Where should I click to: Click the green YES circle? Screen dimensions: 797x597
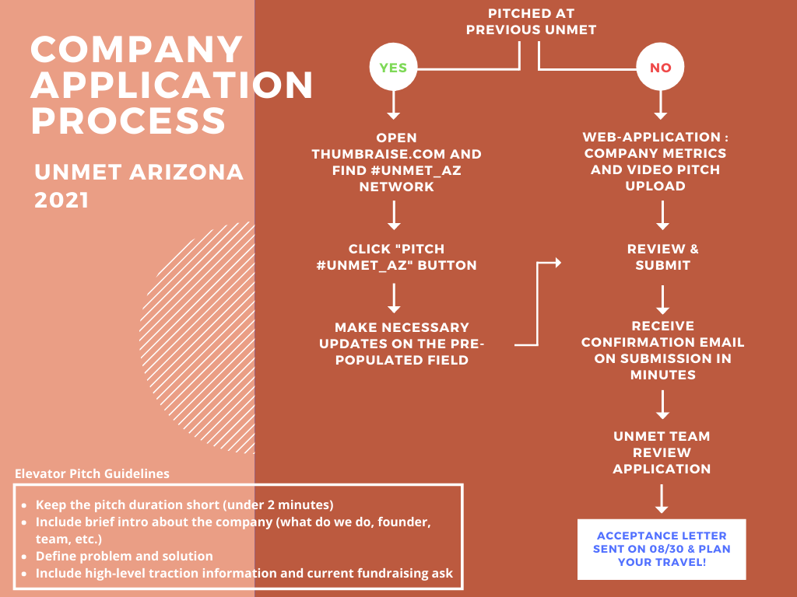click(393, 67)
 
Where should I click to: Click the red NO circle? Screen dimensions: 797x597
click(660, 67)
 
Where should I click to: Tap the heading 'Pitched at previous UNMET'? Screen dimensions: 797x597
click(531, 22)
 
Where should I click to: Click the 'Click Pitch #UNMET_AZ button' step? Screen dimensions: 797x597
click(396, 257)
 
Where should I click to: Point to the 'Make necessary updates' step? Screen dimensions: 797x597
click(402, 344)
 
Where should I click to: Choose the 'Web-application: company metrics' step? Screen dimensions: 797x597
click(655, 162)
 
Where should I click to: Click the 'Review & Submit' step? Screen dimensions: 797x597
click(663, 257)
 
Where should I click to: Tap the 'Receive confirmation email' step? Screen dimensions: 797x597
click(663, 351)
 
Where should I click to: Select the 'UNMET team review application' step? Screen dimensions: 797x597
click(662, 452)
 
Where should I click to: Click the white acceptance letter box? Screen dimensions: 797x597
click(662, 550)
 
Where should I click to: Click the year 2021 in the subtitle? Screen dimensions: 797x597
click(61, 200)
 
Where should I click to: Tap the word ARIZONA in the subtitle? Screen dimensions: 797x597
click(186, 172)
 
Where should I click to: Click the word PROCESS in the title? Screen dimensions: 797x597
click(128, 120)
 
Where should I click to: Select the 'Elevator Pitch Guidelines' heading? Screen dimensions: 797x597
click(92, 473)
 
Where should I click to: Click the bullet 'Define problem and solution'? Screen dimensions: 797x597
click(124, 556)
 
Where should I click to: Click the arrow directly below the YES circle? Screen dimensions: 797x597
click(393, 106)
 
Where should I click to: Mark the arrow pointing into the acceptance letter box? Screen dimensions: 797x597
click(662, 499)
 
